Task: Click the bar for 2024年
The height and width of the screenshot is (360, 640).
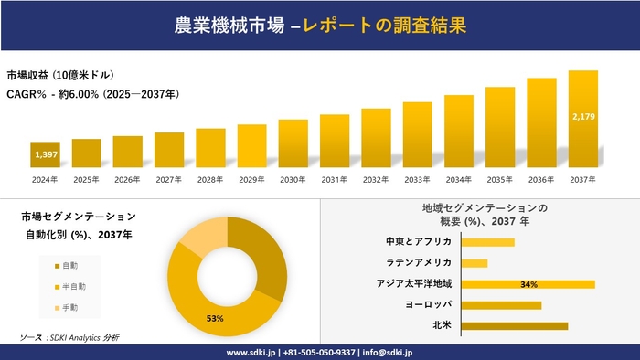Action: (45, 155)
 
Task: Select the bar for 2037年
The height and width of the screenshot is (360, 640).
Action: (582, 119)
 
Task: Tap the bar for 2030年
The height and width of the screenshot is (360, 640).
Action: (293, 143)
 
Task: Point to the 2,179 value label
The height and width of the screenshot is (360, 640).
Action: (582, 117)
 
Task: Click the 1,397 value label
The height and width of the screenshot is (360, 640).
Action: (46, 155)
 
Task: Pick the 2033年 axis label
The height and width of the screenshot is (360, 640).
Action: (417, 180)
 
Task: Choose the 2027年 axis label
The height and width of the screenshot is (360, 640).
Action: (169, 180)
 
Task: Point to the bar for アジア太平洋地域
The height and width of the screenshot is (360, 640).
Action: (528, 284)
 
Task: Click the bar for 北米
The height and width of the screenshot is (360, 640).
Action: (515, 325)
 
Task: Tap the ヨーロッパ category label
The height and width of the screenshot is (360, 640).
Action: (428, 305)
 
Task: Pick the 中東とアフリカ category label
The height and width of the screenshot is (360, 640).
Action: (419, 242)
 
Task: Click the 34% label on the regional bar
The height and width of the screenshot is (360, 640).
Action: (528, 284)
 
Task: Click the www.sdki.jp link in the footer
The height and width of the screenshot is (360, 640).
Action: (251, 352)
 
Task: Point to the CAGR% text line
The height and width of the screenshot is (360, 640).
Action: (91, 93)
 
